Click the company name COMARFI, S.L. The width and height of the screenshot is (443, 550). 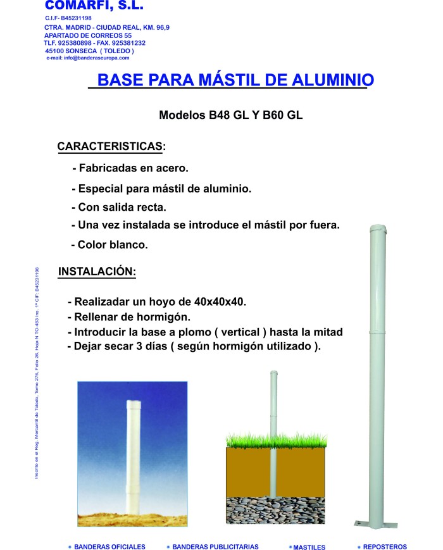tap(94, 6)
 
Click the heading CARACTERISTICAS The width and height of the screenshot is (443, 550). tap(111, 146)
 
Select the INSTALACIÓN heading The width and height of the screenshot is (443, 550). tap(97, 272)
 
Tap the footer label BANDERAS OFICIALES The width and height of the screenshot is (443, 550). tap(109, 547)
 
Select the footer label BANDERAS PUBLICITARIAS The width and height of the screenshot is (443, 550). tap(215, 547)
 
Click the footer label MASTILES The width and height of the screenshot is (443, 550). tap(309, 547)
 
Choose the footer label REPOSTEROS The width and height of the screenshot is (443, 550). tap(385, 547)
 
